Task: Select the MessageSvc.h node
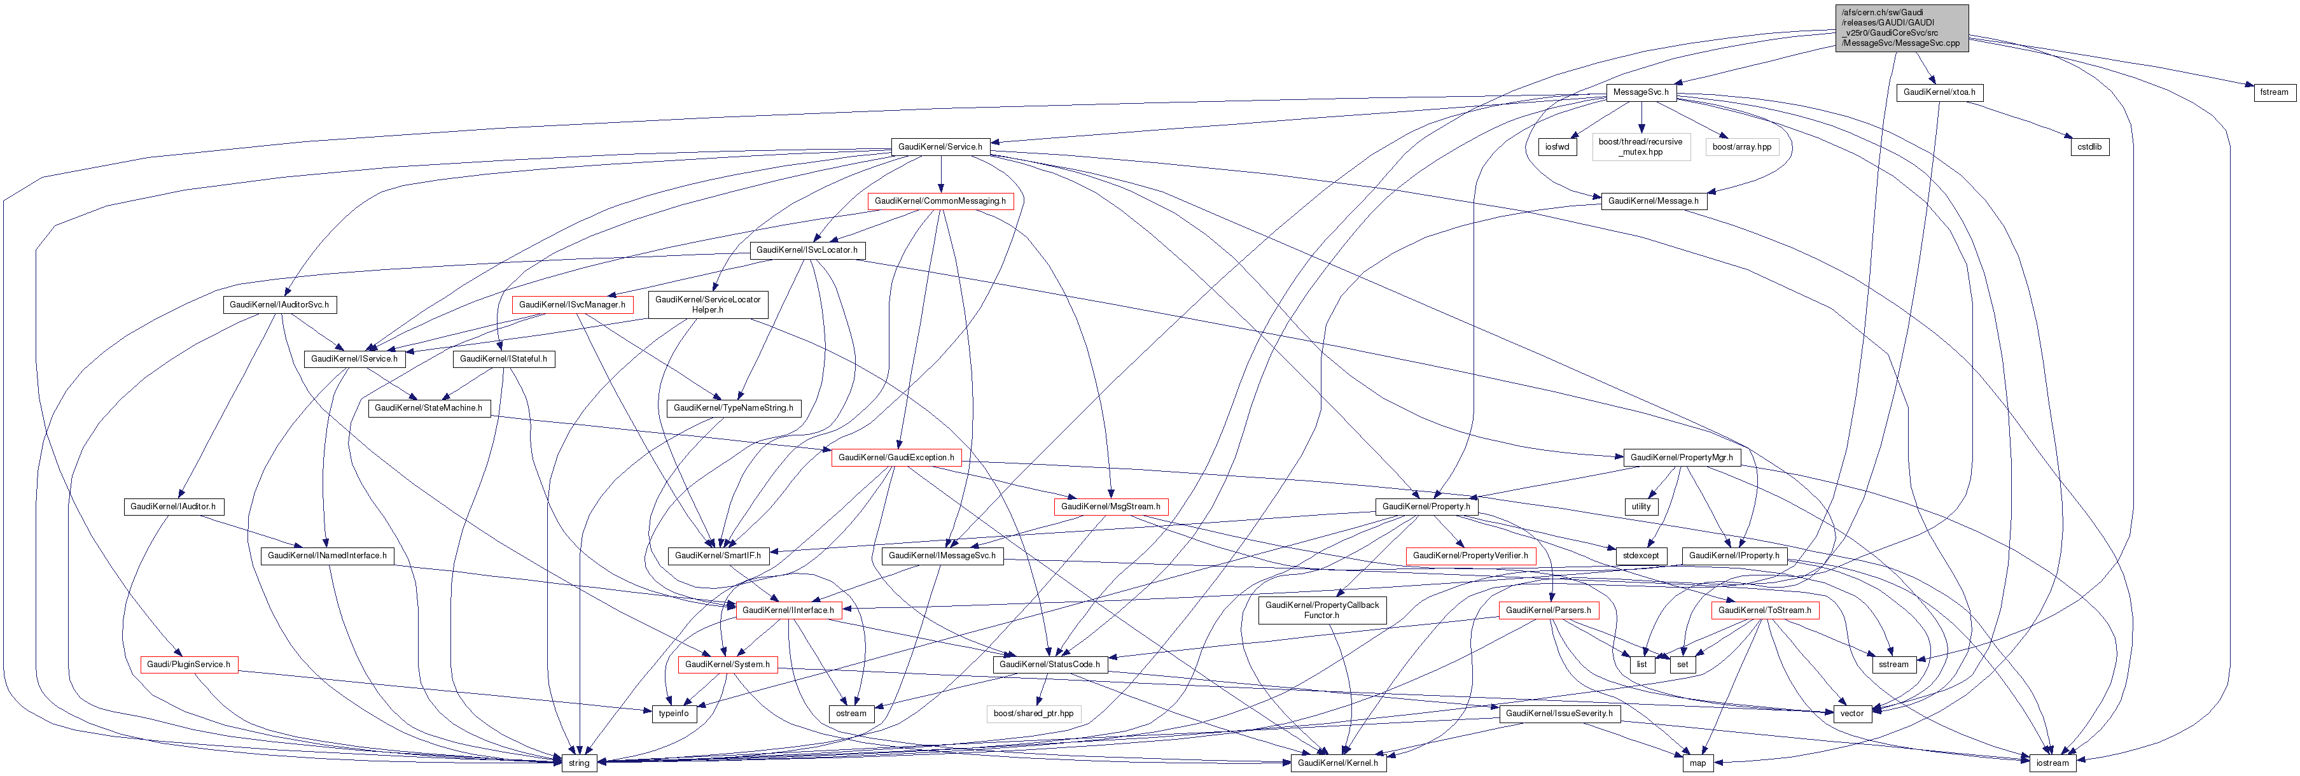[1640, 92]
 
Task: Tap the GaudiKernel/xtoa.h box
[1939, 92]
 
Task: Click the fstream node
[2273, 92]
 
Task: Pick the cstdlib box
[2089, 146]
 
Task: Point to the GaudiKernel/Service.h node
[940, 146]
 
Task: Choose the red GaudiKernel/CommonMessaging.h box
[940, 201]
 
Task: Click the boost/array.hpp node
[1741, 146]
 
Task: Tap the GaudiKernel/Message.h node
[1653, 201]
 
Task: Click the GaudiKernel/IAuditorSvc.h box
[279, 304]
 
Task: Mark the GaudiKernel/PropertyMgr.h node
[1681, 457]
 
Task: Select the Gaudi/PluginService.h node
[188, 665]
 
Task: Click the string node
[578, 763]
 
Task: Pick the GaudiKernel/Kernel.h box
[1337, 763]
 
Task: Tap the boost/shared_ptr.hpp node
[1033, 714]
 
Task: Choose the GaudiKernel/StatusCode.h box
[1049, 665]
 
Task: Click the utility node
[1641, 506]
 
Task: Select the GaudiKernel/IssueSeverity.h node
[1559, 714]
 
